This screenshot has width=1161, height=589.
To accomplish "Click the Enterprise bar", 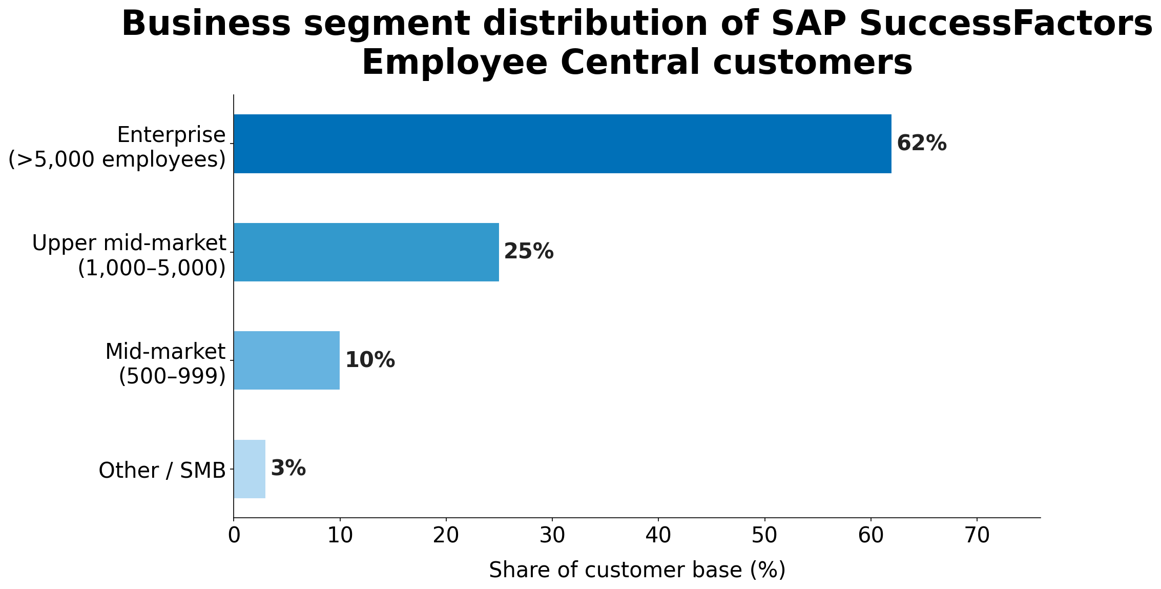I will pyautogui.click(x=562, y=144).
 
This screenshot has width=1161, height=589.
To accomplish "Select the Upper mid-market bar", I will pyautogui.click(x=366, y=252).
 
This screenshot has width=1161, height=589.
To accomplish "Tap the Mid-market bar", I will pyautogui.click(x=286, y=360).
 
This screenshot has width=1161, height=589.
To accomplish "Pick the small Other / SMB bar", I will pyautogui.click(x=250, y=469).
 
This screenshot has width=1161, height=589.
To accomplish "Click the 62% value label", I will pyautogui.click(x=921, y=144).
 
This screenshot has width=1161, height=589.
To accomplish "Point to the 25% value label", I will pyautogui.click(x=528, y=252).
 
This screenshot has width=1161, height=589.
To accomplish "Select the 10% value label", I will pyautogui.click(x=369, y=360).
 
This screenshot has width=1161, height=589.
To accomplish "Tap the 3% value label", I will pyautogui.click(x=288, y=469).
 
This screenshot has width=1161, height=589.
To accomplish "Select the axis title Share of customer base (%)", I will pyautogui.click(x=637, y=571).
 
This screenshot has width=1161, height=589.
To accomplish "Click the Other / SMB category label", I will pyautogui.click(x=162, y=471).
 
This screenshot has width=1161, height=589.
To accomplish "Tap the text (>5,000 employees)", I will pyautogui.click(x=117, y=160).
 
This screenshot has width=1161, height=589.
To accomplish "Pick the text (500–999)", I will pyautogui.click(x=172, y=377).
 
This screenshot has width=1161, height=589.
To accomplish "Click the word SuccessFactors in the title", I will pyautogui.click(x=961, y=24).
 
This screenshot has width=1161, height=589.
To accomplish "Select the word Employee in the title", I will pyautogui.click(x=455, y=63).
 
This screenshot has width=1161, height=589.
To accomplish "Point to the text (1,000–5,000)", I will pyautogui.click(x=152, y=269).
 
